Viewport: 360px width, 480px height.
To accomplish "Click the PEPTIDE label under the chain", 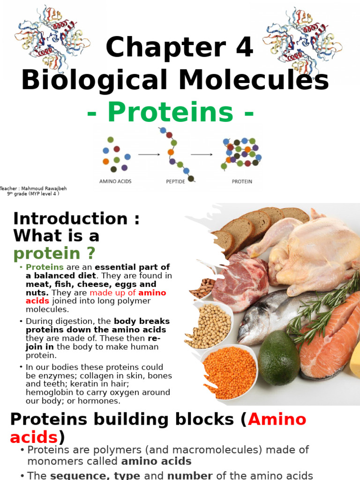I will coord(176,181).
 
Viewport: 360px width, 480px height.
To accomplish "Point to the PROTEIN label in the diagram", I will coord(242,181).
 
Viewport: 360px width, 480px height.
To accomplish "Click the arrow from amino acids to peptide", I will coord(149,154).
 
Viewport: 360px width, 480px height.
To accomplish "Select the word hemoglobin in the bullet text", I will coord(49,392).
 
